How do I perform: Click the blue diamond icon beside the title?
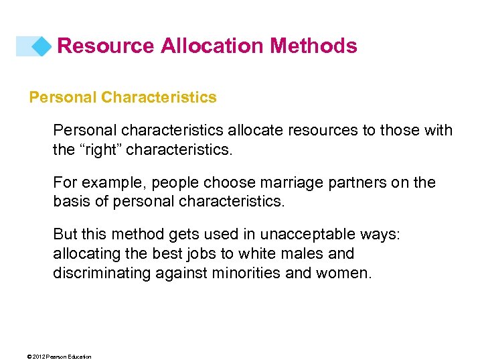[x=42, y=46]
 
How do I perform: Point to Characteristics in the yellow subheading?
[x=159, y=97]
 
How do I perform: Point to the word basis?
[x=71, y=201]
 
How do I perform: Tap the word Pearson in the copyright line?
[x=56, y=357]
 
